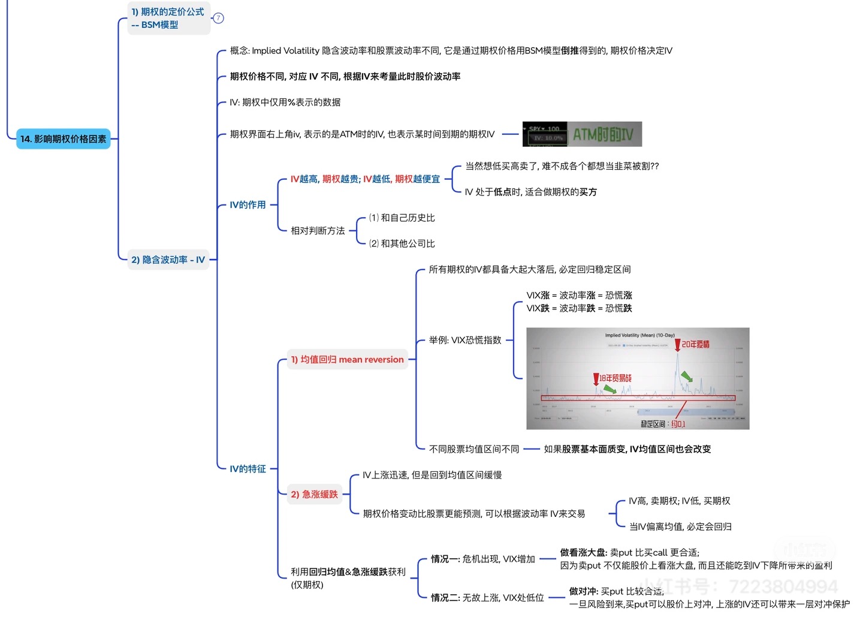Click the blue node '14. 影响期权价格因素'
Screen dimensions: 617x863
(63, 139)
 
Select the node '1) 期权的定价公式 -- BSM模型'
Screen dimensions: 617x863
(168, 18)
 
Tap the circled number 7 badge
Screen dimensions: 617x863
(219, 18)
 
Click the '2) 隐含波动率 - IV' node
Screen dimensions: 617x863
(168, 260)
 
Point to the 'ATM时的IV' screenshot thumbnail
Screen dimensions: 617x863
(582, 134)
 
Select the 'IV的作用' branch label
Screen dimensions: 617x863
(248, 205)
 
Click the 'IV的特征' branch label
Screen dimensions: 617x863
(248, 469)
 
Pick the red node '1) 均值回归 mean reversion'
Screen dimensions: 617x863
(347, 360)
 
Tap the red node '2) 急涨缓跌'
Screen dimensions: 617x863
(314, 495)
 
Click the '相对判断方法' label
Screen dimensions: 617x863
(318, 231)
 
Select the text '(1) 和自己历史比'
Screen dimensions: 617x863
(402, 218)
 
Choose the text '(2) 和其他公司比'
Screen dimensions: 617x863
(402, 243)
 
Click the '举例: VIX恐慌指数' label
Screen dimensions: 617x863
(465, 340)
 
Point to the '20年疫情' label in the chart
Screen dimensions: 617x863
(696, 344)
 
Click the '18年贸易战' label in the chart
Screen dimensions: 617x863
(615, 378)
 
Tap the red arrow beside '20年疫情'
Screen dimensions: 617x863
(678, 345)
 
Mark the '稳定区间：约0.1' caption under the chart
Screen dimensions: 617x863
(662, 424)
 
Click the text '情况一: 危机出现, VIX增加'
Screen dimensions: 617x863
(483, 559)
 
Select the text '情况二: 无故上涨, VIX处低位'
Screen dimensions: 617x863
(487, 598)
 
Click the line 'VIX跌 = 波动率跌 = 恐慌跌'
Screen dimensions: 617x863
(579, 308)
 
